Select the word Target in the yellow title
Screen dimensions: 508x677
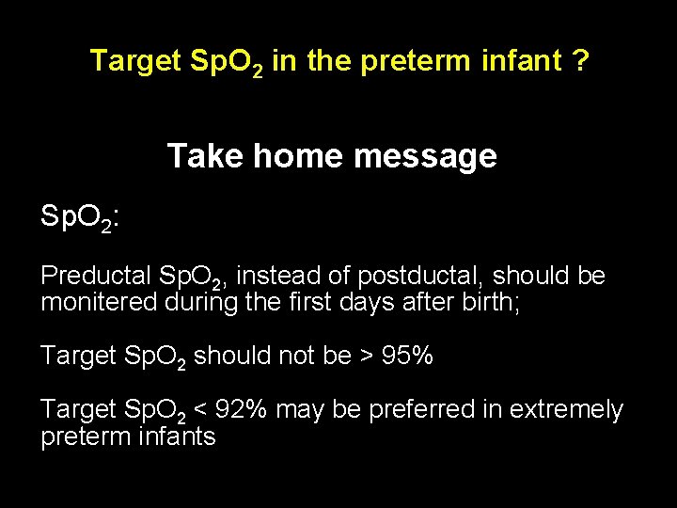tap(134, 61)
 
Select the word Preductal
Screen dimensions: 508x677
tap(96, 276)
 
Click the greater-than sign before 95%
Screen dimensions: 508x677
tap(365, 357)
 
